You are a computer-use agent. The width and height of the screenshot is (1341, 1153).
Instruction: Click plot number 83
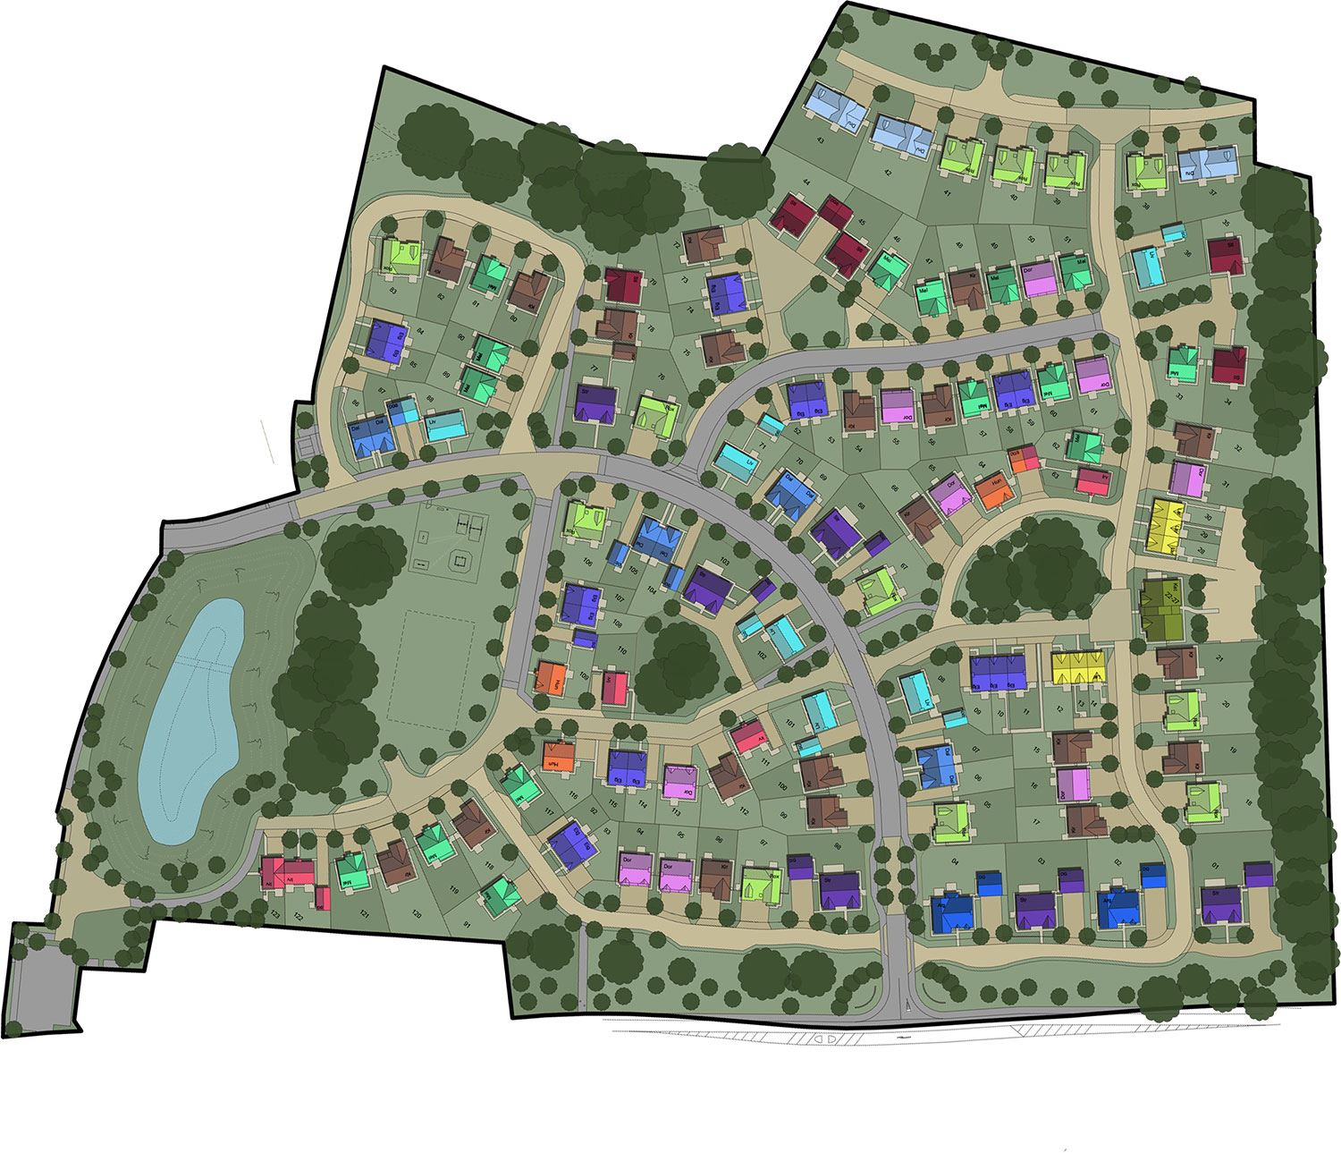[393, 288]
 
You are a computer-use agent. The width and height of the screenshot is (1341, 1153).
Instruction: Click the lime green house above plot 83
[401, 257]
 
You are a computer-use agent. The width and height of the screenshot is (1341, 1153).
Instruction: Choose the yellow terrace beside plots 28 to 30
[1164, 523]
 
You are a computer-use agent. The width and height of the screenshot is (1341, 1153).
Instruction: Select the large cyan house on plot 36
[1146, 267]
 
